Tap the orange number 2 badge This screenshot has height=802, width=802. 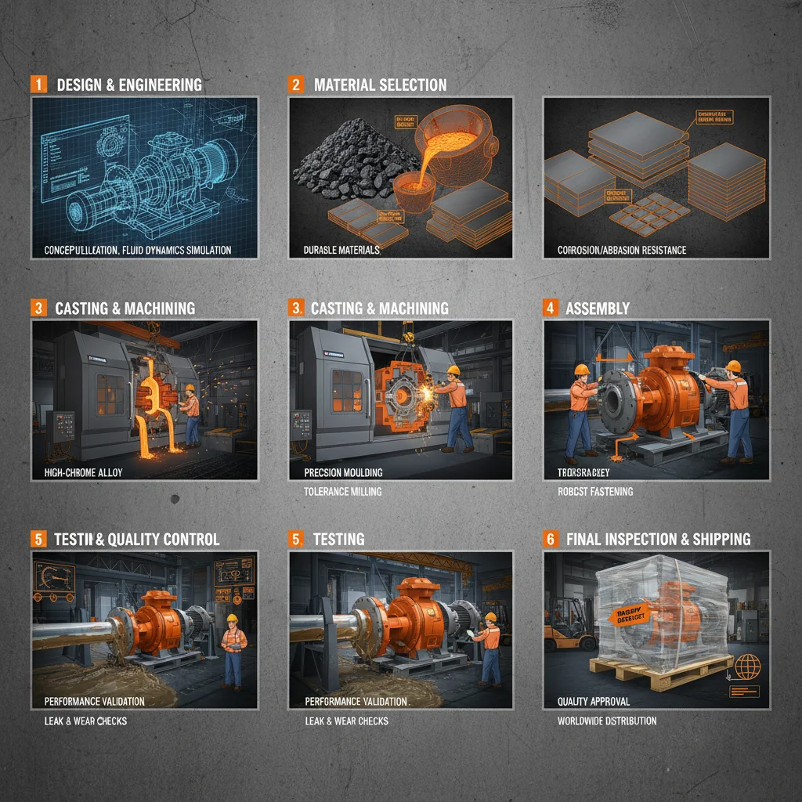pos(296,85)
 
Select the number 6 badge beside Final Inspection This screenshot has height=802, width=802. pos(550,539)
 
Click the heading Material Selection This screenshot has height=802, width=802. pos(380,85)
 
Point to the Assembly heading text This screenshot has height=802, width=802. pos(597,309)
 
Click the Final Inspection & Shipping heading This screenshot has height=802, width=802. pos(658,539)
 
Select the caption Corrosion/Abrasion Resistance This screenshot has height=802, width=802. pos(622,250)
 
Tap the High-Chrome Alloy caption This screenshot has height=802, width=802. pos(84,473)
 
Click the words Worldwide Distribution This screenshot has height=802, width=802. pos(607,721)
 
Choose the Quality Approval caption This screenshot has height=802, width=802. pos(593,701)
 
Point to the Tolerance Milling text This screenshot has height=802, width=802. pos(344,492)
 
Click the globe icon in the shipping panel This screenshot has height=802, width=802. pos(748,667)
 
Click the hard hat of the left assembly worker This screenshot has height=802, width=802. pos(581,370)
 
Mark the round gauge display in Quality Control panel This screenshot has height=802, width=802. pos(49,576)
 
